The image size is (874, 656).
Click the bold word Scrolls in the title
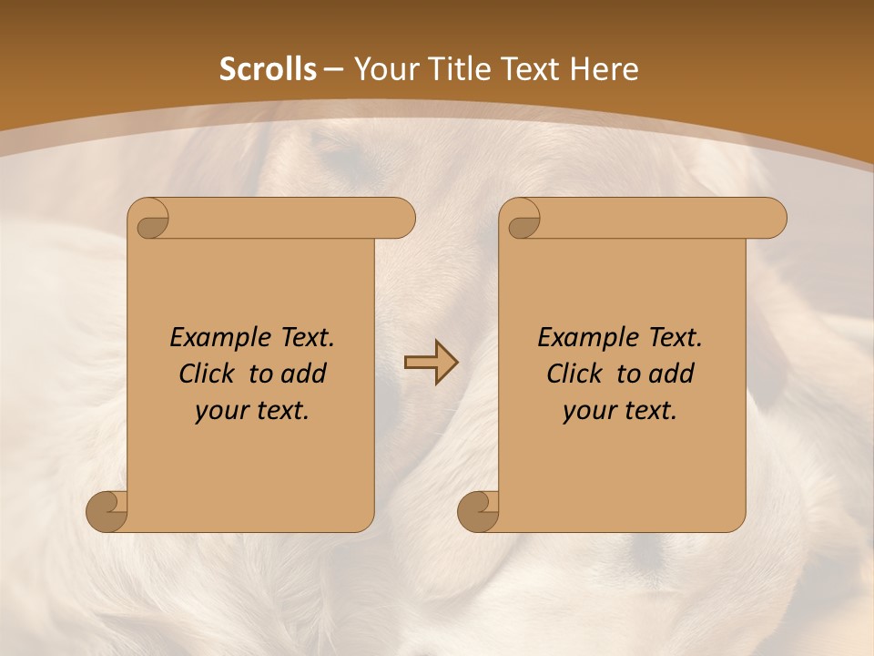point(269,69)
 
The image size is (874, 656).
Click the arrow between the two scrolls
point(431,364)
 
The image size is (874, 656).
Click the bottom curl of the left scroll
point(107,510)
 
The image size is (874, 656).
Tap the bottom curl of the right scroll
point(478,510)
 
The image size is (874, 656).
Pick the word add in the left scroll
point(304,374)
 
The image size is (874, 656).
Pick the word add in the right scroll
point(672,374)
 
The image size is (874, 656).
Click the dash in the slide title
point(333,69)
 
